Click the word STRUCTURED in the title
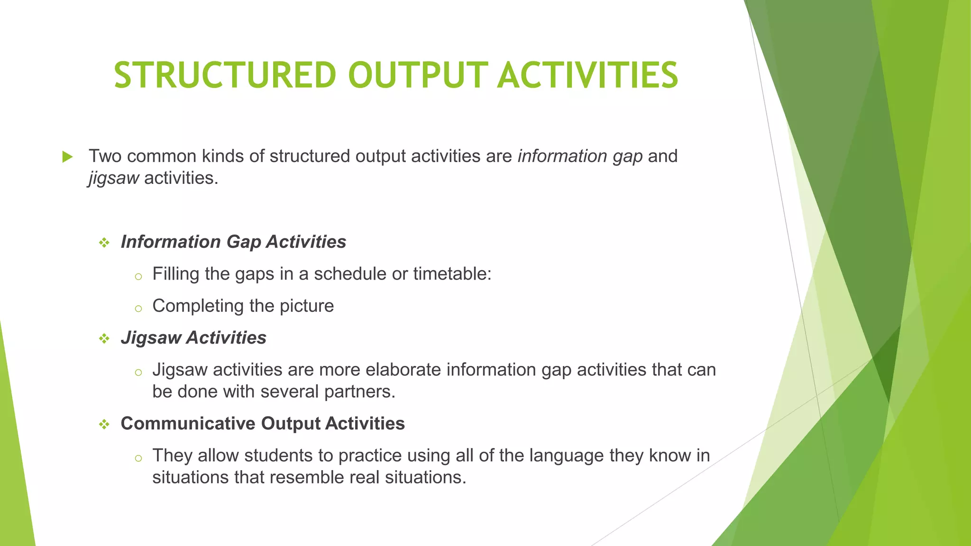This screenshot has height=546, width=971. [225, 75]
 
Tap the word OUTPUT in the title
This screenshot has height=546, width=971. [418, 75]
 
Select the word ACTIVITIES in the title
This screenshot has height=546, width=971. [587, 75]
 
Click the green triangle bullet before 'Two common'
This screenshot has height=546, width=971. [67, 157]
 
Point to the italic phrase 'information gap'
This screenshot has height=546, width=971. [580, 156]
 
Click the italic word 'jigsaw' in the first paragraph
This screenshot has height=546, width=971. [113, 178]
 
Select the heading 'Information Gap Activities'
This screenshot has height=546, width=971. [233, 242]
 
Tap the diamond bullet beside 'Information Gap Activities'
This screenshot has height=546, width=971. [104, 243]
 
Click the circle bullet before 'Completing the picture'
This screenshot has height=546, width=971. [138, 309]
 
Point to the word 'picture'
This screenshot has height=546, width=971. [307, 306]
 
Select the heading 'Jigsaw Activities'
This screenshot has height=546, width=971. [193, 338]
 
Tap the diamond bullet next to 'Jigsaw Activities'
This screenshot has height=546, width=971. [104, 339]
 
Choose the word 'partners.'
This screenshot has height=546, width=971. [359, 392]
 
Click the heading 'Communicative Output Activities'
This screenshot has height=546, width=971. [263, 424]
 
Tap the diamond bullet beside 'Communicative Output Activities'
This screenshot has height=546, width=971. [104, 425]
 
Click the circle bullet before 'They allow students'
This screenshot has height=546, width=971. [138, 458]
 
